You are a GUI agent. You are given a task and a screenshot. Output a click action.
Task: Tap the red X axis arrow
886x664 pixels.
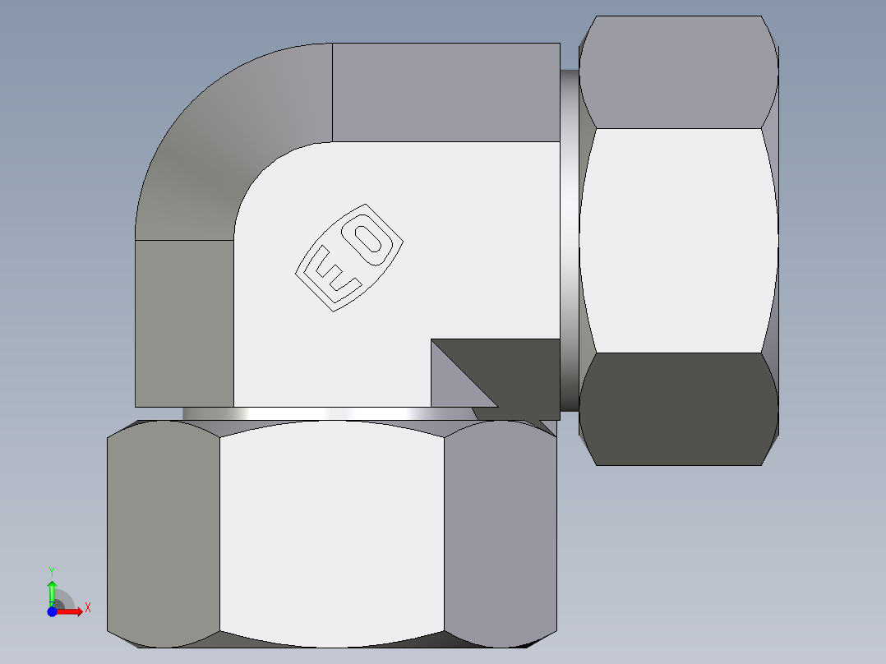coord(72,611)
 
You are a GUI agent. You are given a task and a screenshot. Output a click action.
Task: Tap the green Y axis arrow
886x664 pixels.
coord(52,589)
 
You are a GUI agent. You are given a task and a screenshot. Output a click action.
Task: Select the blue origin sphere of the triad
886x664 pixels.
coord(52,611)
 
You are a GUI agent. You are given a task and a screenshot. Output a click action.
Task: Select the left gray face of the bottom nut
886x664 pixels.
coord(163,534)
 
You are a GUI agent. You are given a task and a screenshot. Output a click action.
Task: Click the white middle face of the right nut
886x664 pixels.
coord(678,240)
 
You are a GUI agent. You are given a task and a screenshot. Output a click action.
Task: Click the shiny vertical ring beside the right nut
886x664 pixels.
coord(570,238)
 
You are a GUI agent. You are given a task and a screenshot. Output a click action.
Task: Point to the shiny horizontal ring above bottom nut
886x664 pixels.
coord(329,413)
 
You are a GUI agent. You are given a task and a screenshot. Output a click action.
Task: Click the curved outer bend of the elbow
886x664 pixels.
coord(214,140)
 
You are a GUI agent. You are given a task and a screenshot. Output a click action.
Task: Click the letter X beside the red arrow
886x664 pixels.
coord(88,607)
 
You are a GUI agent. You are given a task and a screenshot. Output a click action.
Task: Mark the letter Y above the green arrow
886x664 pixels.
coord(51,570)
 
